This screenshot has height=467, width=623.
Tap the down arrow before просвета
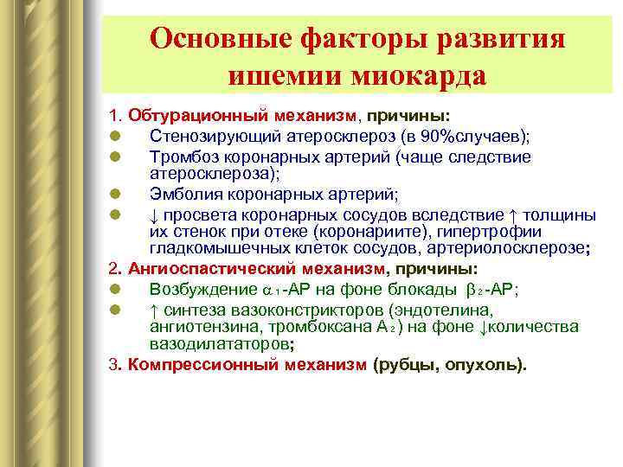point(154,213)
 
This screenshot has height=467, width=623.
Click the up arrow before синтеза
point(154,309)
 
